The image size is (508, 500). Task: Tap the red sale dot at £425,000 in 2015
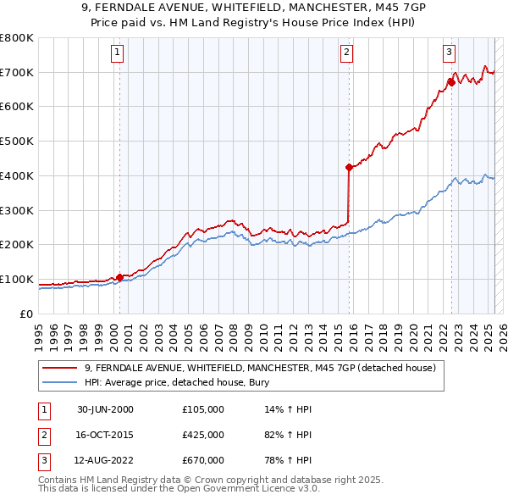pos(349,167)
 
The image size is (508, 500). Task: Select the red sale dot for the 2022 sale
pos(451,82)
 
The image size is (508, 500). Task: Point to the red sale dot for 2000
pos(119,276)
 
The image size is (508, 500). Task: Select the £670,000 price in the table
pos(202,461)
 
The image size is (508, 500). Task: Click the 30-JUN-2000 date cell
pos(104,409)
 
